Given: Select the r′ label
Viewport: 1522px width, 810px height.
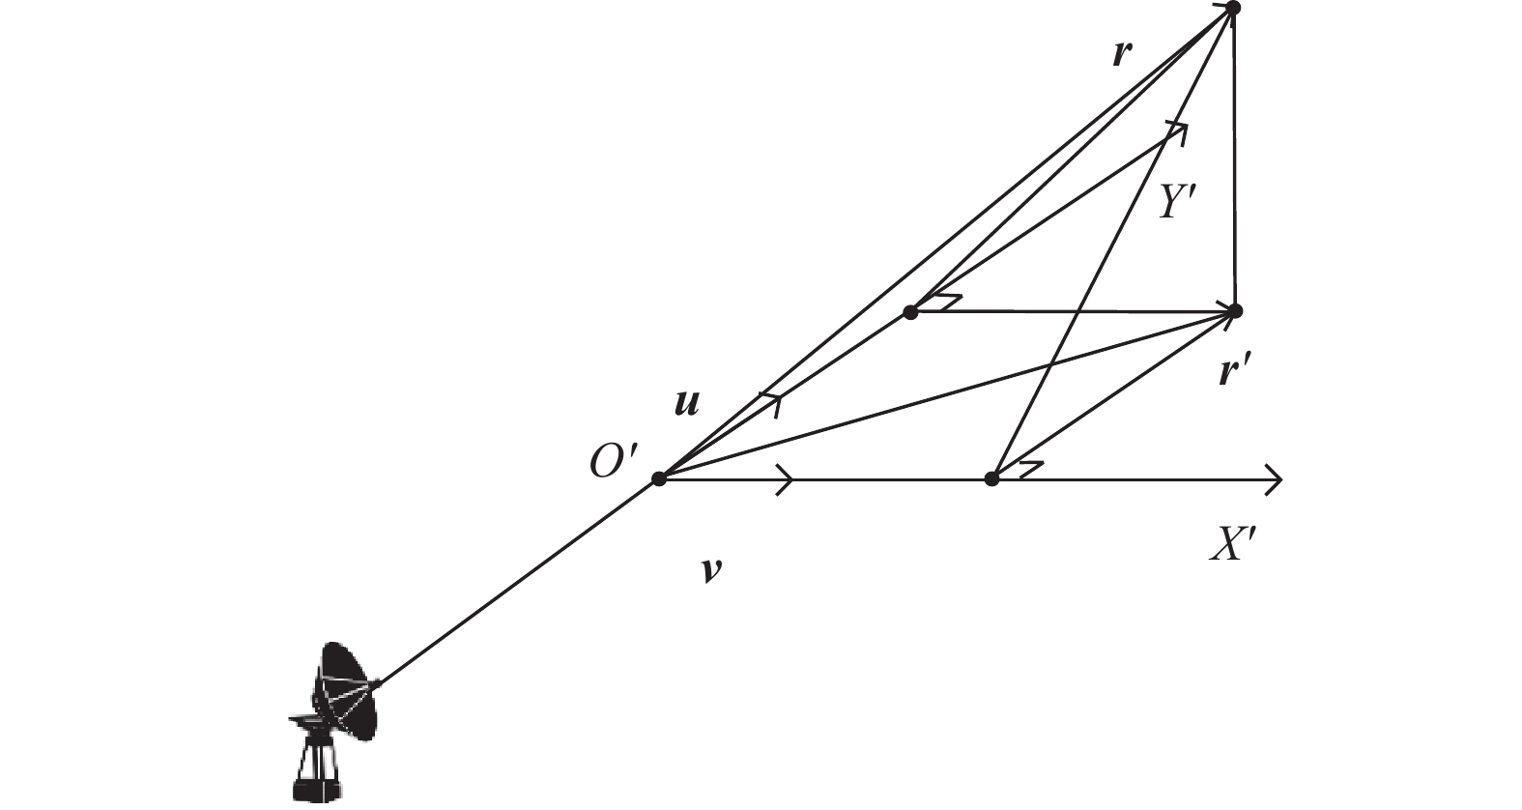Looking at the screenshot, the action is [x=1235, y=372].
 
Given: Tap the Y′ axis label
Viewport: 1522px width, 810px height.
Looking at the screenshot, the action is [x=1178, y=202].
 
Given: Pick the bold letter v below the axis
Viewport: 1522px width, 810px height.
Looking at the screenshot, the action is [x=711, y=570].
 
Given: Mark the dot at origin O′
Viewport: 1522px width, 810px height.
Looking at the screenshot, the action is [x=658, y=479].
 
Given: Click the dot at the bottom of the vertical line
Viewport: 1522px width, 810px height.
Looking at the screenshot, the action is [x=1236, y=311].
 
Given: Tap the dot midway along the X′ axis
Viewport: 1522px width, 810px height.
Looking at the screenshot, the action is [x=991, y=479].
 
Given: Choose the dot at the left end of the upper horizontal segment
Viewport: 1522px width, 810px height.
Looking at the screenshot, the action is [x=910, y=312].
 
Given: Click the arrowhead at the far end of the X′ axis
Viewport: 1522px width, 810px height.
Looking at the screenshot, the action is [x=1274, y=479].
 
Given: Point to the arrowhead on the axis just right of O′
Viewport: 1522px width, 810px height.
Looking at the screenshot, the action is [x=786, y=479].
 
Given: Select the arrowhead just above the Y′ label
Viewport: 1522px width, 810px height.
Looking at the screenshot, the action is [x=1179, y=131].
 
